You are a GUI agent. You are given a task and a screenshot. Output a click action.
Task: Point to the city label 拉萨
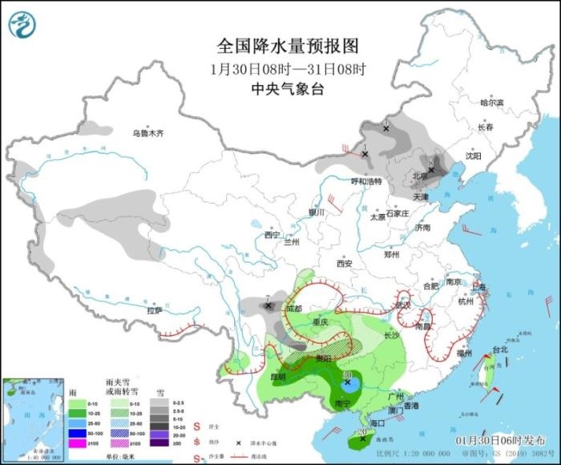pyautogui.click(x=155, y=309)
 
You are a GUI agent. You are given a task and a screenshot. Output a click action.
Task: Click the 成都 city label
pyautogui.click(x=293, y=308)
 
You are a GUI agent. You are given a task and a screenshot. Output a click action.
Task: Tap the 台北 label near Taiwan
pyautogui.click(x=498, y=350)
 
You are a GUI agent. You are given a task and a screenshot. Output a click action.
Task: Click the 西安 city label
pyautogui.click(x=345, y=263)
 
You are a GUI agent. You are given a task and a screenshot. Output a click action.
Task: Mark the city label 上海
pyautogui.click(x=479, y=286)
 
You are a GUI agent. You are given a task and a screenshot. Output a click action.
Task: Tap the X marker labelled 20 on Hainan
pyautogui.click(x=362, y=439)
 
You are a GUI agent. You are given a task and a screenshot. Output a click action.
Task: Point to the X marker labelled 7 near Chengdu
pyautogui.click(x=268, y=306)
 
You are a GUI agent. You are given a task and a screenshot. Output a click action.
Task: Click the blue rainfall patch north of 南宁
pyautogui.click(x=349, y=384)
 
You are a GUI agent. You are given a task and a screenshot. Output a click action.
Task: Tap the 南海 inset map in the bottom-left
pyautogui.click(x=33, y=419)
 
